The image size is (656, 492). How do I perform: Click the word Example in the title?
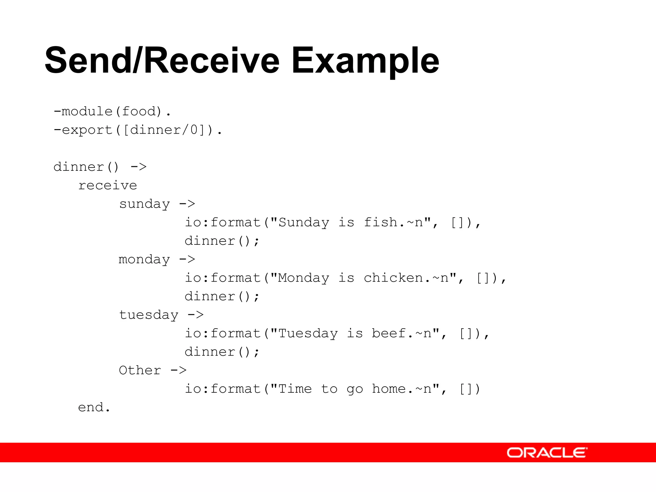365,61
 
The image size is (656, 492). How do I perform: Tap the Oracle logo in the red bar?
547,453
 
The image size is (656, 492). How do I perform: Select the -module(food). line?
112,111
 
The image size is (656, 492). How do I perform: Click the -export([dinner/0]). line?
138,130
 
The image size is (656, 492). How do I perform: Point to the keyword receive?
108,185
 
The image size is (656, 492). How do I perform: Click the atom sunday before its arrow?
144,204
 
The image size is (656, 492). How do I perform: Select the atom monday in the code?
144,259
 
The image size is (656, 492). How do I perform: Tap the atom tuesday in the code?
149,315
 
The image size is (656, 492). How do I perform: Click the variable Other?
140,370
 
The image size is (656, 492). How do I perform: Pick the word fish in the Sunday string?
381,222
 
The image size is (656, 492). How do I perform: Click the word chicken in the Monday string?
393,278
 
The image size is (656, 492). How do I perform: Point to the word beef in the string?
389,333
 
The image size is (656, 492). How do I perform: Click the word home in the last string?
389,389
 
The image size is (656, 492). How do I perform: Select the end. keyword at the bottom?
94,407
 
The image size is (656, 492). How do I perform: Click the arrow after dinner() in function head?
138,167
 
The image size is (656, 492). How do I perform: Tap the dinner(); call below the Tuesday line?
222,352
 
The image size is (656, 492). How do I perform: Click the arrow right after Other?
178,370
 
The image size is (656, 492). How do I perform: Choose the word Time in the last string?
295,389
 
